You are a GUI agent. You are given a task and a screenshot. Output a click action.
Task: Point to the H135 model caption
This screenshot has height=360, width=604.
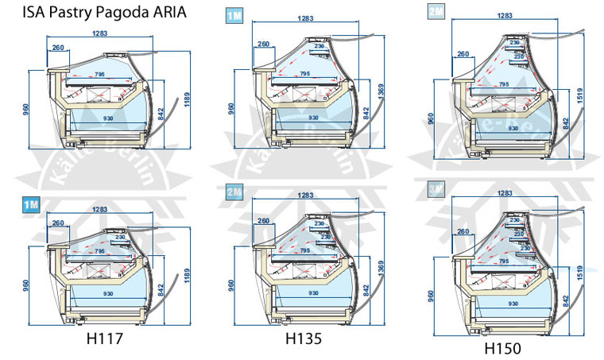pyautogui.click(x=303, y=337)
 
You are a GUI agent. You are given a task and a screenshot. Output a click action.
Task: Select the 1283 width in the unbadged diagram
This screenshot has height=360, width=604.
pyautogui.click(x=99, y=33)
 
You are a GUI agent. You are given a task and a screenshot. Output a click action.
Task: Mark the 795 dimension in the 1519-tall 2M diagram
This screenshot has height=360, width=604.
pyautogui.click(x=503, y=84)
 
